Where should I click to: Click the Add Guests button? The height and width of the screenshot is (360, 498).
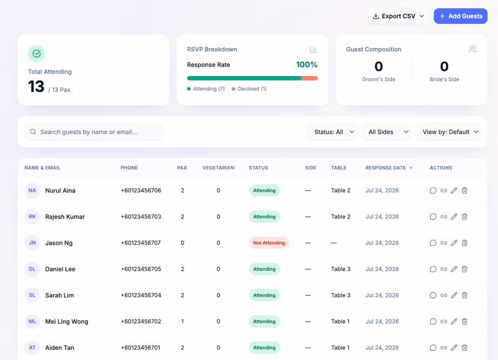pos(461,16)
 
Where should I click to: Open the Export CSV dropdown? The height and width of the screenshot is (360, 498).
pos(399,16)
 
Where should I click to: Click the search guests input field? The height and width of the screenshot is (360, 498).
pos(94,132)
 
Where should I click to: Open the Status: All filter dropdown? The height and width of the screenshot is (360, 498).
pos(332,132)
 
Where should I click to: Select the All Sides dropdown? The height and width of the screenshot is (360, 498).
pos(386,132)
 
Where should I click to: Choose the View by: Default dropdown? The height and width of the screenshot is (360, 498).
pos(448,132)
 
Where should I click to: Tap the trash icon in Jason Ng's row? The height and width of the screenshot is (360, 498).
pos(464,243)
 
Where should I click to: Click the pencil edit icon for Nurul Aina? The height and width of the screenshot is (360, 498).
pos(454,190)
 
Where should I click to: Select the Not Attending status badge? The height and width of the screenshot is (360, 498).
pos(269,243)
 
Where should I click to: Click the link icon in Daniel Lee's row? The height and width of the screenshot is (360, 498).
pos(444,269)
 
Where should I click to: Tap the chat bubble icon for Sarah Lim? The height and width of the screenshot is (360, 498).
pos(433,295)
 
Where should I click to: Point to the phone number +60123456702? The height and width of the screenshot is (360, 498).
pos(141,321)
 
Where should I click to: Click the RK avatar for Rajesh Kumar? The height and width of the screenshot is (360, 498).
pos(32,217)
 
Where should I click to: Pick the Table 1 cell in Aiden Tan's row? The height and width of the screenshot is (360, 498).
pos(340,348)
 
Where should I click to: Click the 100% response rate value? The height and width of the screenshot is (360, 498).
pos(307,65)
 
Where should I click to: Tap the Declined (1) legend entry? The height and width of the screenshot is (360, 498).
pos(249,89)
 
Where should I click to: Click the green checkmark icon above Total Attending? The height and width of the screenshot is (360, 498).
pos(37,54)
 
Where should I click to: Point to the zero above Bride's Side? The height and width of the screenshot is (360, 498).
pos(444,66)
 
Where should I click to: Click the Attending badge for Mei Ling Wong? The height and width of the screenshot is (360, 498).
pos(264,321)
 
